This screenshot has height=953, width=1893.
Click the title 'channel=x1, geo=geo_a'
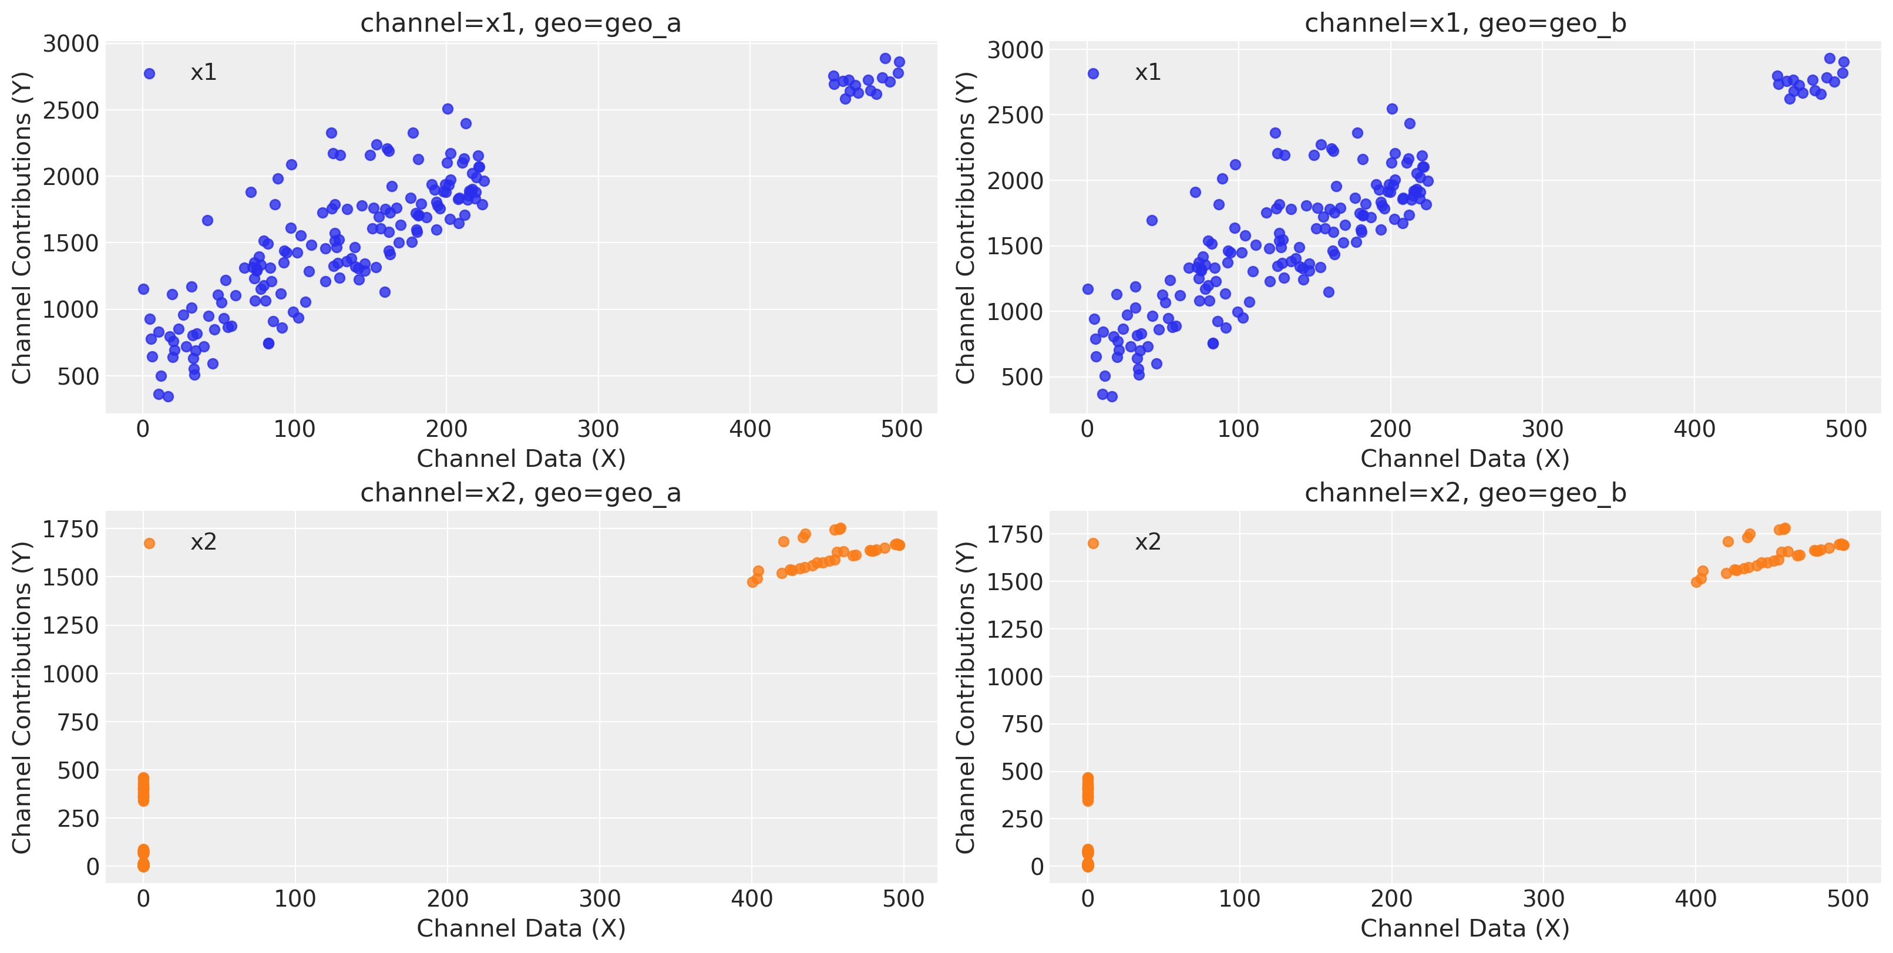coord(520,23)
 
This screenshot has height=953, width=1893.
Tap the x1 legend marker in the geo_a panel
coord(149,73)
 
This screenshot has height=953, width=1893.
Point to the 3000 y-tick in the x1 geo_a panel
coord(70,44)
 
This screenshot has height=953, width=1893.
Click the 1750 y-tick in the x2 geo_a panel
coord(70,529)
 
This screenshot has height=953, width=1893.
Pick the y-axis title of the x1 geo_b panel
coord(965,228)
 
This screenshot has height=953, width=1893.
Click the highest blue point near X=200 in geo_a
coord(448,109)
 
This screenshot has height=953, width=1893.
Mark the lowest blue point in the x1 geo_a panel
coord(169,397)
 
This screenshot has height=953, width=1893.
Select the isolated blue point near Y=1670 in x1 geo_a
coord(207,220)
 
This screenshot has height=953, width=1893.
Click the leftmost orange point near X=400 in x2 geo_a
coord(752,582)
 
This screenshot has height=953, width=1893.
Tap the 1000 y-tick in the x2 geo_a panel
coord(70,674)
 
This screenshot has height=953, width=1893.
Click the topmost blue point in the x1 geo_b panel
coord(1829,59)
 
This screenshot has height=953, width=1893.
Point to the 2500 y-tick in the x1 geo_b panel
coord(1015,115)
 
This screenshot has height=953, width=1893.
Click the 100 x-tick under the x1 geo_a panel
coord(295,429)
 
